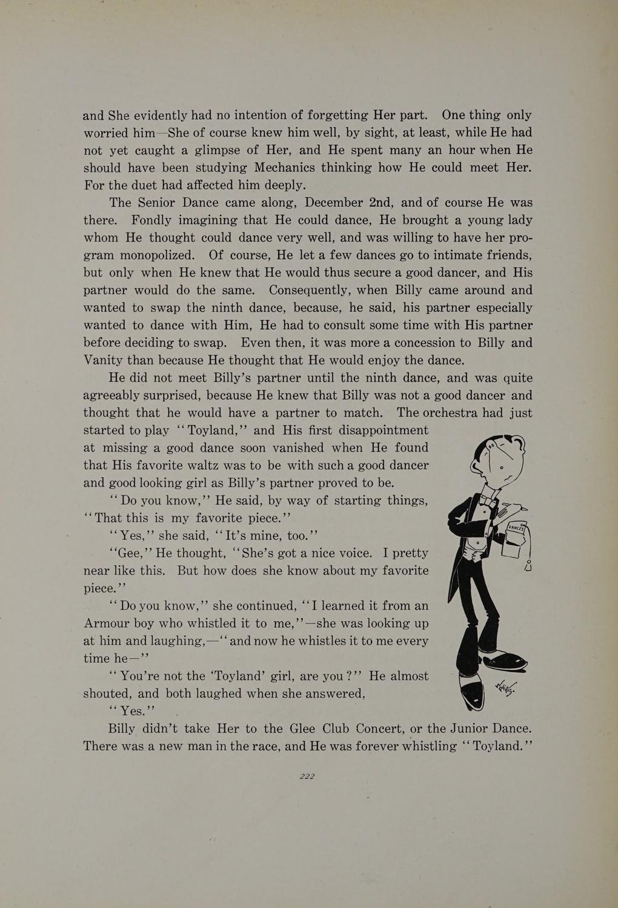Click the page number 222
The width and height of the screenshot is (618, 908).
[307, 777]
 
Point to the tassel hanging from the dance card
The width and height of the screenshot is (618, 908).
[528, 567]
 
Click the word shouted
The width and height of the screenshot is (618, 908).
[106, 694]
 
